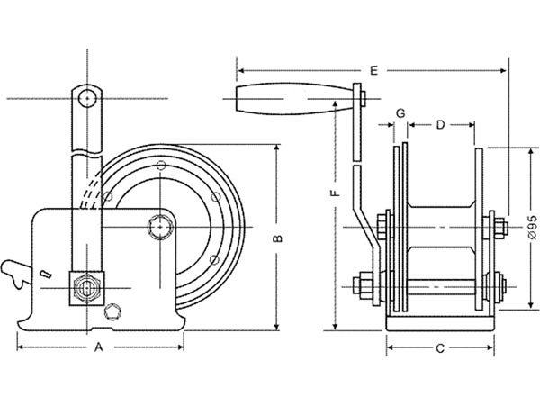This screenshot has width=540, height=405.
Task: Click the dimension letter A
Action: tap(99, 346)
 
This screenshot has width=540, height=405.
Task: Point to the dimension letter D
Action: tap(439, 126)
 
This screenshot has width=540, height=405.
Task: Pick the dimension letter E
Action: tap(373, 67)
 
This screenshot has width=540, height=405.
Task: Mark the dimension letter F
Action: tap(334, 193)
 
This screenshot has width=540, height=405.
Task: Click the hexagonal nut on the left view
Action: tap(85, 288)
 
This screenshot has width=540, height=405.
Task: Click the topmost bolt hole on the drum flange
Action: tap(161, 166)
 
